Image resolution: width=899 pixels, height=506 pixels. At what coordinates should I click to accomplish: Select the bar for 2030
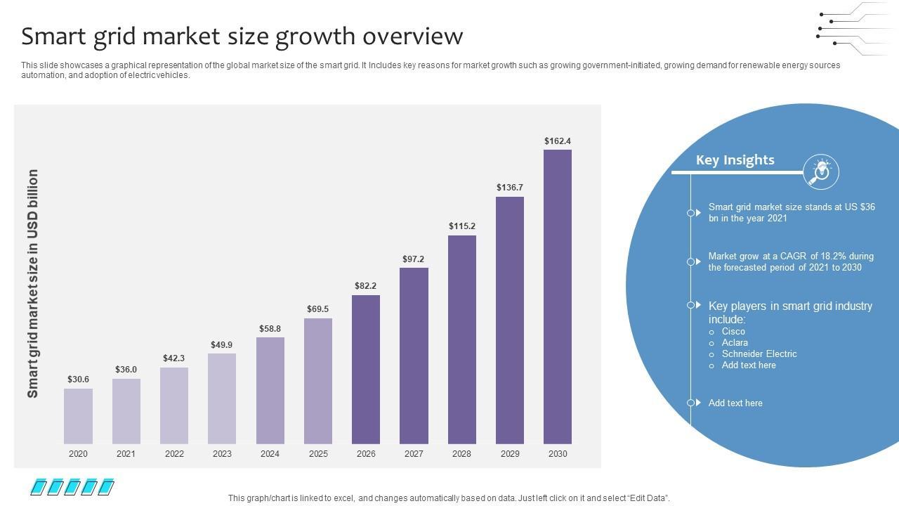[x=558, y=297]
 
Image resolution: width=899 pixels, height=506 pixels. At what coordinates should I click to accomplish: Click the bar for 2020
[x=78, y=416]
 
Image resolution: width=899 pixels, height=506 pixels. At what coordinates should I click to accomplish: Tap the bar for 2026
[x=366, y=370]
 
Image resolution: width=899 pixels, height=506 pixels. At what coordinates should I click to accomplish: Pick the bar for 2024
[x=270, y=391]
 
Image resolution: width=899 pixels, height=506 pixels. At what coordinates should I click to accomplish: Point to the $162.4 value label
[x=558, y=141]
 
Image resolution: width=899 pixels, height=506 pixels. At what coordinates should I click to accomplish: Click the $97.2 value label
[x=414, y=259]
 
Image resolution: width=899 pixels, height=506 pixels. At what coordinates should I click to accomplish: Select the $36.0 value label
[x=126, y=370]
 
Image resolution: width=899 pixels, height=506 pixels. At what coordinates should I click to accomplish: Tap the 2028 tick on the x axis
[x=461, y=454]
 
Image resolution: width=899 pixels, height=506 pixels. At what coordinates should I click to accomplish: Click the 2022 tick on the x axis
[x=174, y=454]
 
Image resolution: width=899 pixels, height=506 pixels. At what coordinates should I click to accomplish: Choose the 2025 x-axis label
[x=318, y=454]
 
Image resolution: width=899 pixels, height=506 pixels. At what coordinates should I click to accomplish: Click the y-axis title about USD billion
[x=33, y=283]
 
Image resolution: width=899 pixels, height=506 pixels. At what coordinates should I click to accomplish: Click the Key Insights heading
[x=735, y=160]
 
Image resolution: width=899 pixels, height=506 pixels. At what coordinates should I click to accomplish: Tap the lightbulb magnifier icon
[x=820, y=171]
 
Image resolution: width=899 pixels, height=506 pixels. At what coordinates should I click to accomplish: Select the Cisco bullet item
[x=733, y=332]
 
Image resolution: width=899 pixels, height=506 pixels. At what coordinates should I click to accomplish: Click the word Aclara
[x=735, y=343]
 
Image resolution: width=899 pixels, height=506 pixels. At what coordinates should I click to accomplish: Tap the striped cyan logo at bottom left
[x=72, y=486]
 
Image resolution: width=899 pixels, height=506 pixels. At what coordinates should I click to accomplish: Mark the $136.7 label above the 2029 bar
[x=510, y=188]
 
